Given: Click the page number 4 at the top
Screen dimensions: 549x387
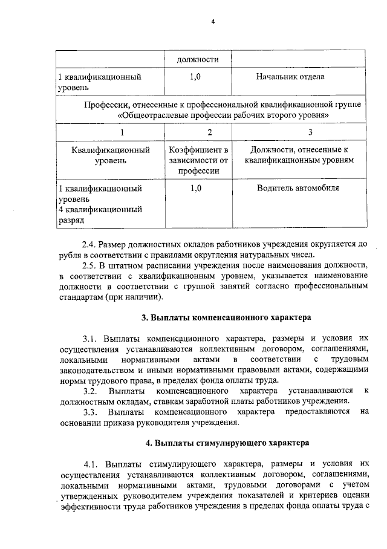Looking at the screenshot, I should point(212,22).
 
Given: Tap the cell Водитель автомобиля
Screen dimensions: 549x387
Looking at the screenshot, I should point(298,188).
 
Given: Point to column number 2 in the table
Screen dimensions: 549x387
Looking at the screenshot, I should point(209,132).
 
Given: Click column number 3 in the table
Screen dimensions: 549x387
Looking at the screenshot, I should point(310,132).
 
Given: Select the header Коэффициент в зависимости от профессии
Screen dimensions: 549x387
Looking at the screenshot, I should point(198,160).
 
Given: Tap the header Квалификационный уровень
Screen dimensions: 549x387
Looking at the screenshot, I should point(111,155).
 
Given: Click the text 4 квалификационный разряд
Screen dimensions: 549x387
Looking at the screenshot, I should point(100,215).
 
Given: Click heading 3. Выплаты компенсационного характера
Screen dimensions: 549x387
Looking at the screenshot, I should point(226,316).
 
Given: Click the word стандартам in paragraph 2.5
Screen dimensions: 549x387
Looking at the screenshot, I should point(79,297).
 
